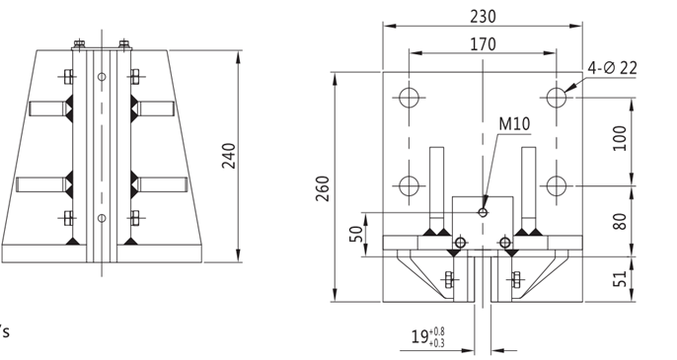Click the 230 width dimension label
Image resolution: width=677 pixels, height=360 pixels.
click(x=483, y=17)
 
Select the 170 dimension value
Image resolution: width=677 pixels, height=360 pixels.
click(x=483, y=44)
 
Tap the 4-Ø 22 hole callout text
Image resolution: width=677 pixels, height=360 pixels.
click(x=612, y=68)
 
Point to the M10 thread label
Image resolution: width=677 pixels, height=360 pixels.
click(x=514, y=124)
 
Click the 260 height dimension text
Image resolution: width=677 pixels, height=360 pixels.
click(x=323, y=188)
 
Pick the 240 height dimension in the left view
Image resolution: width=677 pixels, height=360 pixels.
click(x=228, y=156)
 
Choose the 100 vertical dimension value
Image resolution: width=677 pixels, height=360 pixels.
click(x=620, y=138)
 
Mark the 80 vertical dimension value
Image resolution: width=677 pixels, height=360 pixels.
click(x=620, y=222)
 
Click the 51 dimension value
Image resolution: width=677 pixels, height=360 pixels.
click(x=620, y=279)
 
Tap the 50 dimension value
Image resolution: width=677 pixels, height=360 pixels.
click(x=356, y=235)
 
